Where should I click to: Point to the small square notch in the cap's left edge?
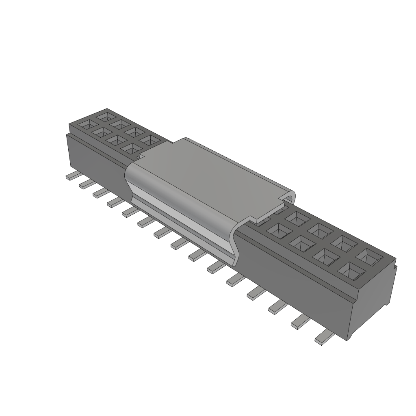[141, 156]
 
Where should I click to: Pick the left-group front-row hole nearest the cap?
[131, 149]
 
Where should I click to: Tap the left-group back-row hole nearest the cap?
[151, 141]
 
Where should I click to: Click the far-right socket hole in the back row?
[370, 256]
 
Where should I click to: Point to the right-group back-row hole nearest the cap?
[297, 219]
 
